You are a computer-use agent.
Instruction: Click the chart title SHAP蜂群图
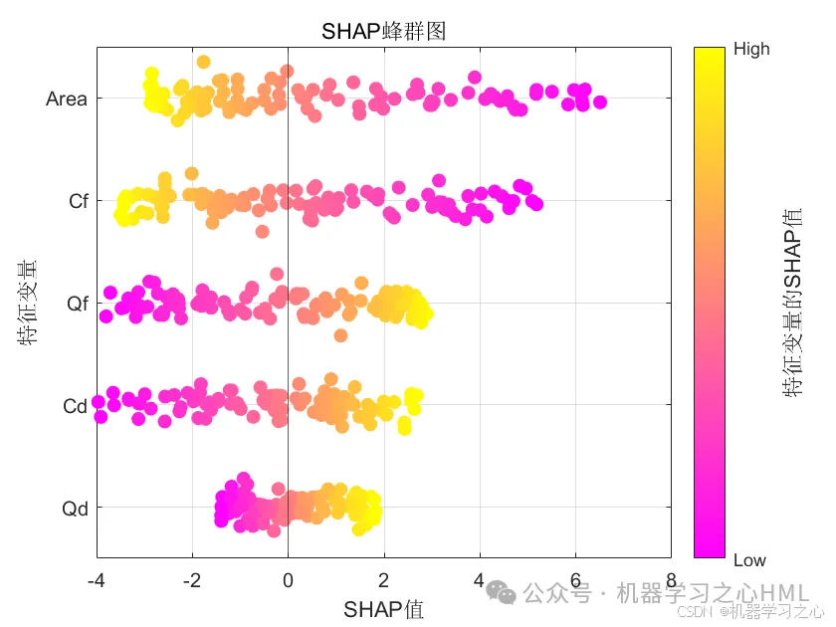(383, 31)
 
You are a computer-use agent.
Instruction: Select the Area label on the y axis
(67, 99)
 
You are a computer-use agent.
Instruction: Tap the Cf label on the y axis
(79, 201)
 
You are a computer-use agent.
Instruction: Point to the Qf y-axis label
(78, 304)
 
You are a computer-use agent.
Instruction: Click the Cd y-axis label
(76, 406)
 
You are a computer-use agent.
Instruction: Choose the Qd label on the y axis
(76, 509)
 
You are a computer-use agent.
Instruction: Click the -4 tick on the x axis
(97, 580)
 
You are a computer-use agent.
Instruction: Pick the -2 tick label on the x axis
(192, 580)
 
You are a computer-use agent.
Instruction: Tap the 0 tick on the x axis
(289, 580)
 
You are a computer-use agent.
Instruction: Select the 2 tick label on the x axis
(384, 580)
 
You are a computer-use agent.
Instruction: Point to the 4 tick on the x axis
(480, 580)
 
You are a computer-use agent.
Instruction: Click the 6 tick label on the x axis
(575, 580)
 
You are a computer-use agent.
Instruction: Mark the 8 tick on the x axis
(671, 580)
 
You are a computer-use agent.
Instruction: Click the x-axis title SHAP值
(383, 609)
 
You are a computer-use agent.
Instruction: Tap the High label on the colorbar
(751, 48)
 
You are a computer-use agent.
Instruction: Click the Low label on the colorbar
(749, 559)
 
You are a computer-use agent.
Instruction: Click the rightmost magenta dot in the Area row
(599, 102)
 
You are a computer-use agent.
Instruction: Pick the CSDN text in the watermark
(680, 612)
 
